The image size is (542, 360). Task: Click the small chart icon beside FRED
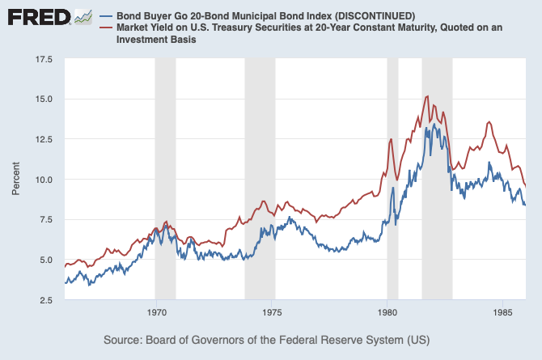pos(83,17)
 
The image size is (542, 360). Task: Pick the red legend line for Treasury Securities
pos(104,28)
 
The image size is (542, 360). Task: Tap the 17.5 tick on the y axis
pos(42,60)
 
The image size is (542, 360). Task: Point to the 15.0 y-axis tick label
pos(42,100)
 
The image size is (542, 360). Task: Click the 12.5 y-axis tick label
pos(42,140)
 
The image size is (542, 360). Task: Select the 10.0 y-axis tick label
pos(42,180)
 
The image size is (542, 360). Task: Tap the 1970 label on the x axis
pos(156,312)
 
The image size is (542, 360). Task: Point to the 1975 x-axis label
pos(272,312)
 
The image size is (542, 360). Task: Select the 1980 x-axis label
pos(387,312)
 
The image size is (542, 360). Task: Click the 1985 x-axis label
pos(503,312)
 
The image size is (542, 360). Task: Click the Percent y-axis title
pos(15,180)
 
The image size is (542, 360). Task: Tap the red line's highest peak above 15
pos(426,96)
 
